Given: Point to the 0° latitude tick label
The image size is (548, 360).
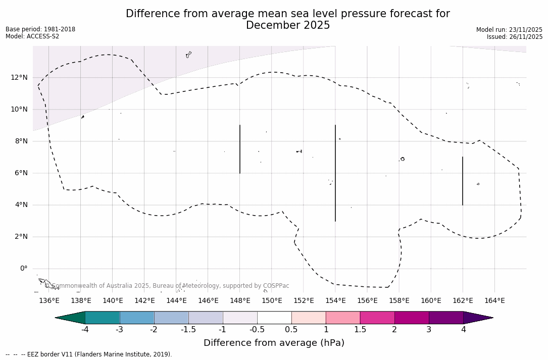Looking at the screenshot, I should click(x=23, y=268).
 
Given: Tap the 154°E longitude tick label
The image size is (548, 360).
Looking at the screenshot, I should click(x=335, y=300).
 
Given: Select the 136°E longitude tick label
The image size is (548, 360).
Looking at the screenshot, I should click(x=49, y=300).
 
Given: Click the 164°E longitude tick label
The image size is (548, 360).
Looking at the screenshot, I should click(x=494, y=300).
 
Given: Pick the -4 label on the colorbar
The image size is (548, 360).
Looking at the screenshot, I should click(x=85, y=330).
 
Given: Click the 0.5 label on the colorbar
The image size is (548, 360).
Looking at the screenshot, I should click(x=291, y=330).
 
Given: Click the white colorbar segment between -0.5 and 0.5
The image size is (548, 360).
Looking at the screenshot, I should click(x=274, y=318).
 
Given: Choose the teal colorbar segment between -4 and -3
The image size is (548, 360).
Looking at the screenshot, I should click(x=103, y=318).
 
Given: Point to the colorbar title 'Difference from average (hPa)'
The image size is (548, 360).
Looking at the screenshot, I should click(x=274, y=343).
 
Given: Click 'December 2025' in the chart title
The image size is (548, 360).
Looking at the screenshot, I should click(x=288, y=25).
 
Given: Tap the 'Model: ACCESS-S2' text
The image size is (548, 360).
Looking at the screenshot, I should click(x=32, y=36).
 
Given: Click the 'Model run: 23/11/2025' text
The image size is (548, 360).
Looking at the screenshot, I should click(x=509, y=30).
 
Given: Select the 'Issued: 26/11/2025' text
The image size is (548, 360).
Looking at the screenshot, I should click(x=515, y=37).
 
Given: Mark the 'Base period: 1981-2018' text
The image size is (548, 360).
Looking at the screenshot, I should click(x=40, y=29).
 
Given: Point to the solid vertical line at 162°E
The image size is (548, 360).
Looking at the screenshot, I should click(x=463, y=181).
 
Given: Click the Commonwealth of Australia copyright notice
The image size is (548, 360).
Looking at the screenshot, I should click(x=167, y=286).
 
